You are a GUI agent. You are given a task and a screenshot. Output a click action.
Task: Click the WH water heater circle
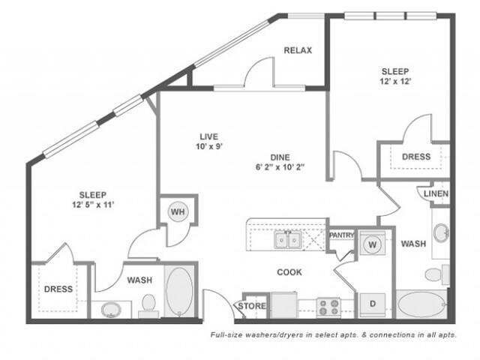click(x=178, y=211)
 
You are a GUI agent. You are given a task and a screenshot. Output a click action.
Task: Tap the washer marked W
click(x=372, y=244)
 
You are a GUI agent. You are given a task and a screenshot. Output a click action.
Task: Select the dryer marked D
click(x=372, y=304)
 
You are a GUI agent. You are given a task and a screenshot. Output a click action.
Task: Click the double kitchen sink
click(x=288, y=240)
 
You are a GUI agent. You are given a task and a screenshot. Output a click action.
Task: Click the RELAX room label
click(x=298, y=50)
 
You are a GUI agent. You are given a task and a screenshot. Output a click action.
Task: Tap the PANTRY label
click(x=342, y=235)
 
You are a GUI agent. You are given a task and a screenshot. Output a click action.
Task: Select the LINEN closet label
click(x=436, y=193)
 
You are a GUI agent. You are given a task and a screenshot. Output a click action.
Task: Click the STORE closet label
click(x=252, y=306)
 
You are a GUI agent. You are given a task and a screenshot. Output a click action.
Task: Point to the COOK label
click(x=289, y=272)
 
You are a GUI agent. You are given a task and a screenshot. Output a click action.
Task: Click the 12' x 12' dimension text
click(x=395, y=82)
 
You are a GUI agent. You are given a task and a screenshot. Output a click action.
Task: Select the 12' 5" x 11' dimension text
click(x=93, y=205)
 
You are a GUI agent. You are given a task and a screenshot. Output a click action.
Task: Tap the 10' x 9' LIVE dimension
click(x=209, y=147)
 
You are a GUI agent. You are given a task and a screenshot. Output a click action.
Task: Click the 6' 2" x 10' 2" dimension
click(x=280, y=167)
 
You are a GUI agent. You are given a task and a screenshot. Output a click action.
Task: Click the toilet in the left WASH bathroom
click(x=148, y=305)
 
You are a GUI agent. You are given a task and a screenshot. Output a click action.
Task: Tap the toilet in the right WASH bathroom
click(x=437, y=274)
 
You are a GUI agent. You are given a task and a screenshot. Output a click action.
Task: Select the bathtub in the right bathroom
click(x=421, y=304)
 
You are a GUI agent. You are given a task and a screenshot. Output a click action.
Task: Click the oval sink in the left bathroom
click(x=111, y=310)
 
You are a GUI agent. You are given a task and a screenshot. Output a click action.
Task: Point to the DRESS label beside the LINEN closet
click(x=416, y=157)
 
